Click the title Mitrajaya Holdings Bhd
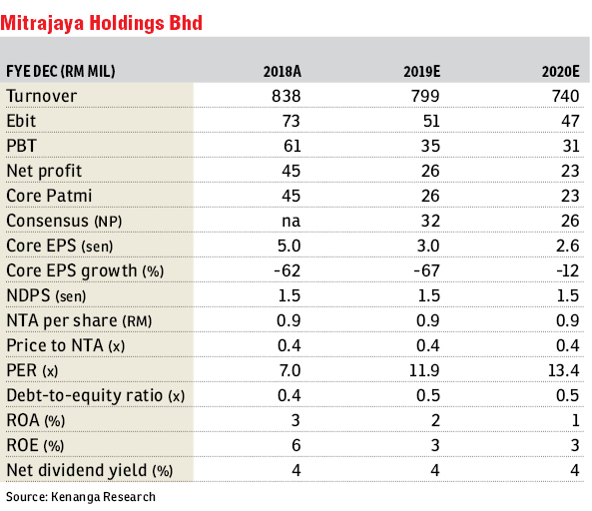click(x=101, y=23)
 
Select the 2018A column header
click(x=283, y=71)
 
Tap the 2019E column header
click(x=421, y=71)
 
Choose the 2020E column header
click(x=560, y=71)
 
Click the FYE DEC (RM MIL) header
click(x=61, y=71)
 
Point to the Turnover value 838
click(x=287, y=96)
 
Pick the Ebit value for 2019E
click(x=431, y=121)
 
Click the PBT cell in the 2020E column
click(x=570, y=146)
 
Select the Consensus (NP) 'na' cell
click(x=292, y=222)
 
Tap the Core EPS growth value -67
click(x=426, y=270)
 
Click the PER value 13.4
click(x=563, y=370)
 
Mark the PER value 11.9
click(x=424, y=370)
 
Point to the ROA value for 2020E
click(x=575, y=420)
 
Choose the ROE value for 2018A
click(x=296, y=445)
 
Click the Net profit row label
click(x=44, y=171)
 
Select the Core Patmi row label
click(x=49, y=196)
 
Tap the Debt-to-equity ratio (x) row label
click(x=96, y=395)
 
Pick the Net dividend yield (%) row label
click(x=90, y=470)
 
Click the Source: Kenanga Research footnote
click(x=81, y=497)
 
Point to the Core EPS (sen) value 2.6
click(x=567, y=246)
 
